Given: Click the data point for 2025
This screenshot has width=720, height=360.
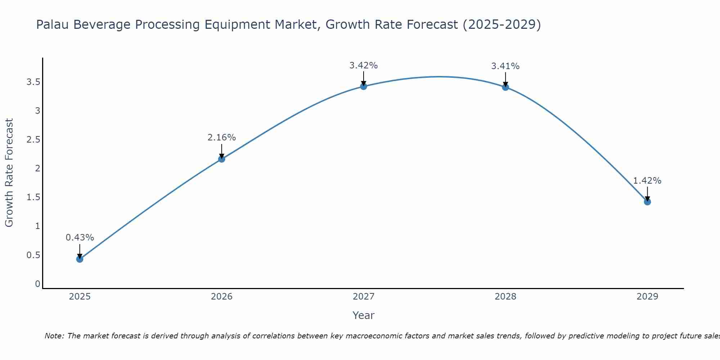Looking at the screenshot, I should [80, 259].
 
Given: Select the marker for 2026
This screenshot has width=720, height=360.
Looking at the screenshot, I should [221, 159].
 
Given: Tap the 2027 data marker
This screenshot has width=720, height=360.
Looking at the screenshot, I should [363, 86].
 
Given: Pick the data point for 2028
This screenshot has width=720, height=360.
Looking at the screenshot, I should [505, 87].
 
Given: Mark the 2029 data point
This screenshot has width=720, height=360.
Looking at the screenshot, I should [647, 202].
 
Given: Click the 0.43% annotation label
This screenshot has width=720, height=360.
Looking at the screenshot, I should [80, 238].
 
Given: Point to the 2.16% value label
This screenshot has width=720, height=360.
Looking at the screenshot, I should [221, 138].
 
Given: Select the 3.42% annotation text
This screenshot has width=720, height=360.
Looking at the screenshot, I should [363, 66].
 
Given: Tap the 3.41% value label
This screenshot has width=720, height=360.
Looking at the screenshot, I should [505, 66].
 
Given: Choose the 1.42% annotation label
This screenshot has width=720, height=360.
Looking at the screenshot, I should [647, 181].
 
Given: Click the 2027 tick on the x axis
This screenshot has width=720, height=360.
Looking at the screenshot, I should [363, 297].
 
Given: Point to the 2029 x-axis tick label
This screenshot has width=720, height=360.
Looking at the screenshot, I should [647, 297].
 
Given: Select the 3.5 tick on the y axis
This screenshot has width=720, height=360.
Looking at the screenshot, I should [33, 82].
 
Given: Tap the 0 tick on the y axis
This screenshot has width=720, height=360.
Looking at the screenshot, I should [37, 284].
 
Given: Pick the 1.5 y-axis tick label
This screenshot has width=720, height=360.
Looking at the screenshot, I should [33, 197].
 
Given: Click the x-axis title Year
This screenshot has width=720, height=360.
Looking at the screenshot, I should [363, 315].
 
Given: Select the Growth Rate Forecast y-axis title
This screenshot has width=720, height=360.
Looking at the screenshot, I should [9, 173].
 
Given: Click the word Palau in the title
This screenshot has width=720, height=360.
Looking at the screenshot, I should [53, 24].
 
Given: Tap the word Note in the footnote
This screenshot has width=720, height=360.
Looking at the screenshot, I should [54, 336].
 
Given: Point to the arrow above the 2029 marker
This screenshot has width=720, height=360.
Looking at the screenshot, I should [647, 194].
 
